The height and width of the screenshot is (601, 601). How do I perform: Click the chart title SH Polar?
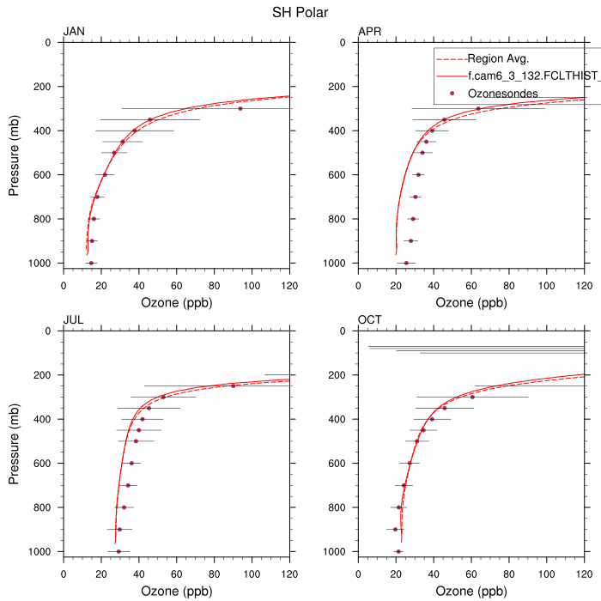(x=300, y=13)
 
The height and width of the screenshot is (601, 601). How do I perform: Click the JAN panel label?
(x=74, y=32)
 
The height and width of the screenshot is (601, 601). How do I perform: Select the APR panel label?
(x=369, y=32)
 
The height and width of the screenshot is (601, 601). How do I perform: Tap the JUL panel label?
(x=73, y=320)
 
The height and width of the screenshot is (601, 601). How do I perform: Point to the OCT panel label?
(x=370, y=320)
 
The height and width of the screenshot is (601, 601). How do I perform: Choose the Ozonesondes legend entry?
(x=503, y=92)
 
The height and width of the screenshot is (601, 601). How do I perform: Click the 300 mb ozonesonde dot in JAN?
(x=240, y=108)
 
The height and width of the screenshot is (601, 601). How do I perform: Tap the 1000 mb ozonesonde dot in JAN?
(x=91, y=263)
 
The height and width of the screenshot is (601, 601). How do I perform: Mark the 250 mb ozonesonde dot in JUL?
(x=233, y=385)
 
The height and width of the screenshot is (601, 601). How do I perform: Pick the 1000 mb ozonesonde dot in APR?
(x=406, y=263)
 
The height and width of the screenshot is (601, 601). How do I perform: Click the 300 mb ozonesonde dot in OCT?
(x=472, y=397)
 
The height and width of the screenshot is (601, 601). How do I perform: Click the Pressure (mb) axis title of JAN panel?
(x=15, y=153)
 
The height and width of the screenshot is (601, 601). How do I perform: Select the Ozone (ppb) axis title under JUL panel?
(x=176, y=592)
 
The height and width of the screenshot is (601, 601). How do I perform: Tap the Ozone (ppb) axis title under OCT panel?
(x=471, y=592)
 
